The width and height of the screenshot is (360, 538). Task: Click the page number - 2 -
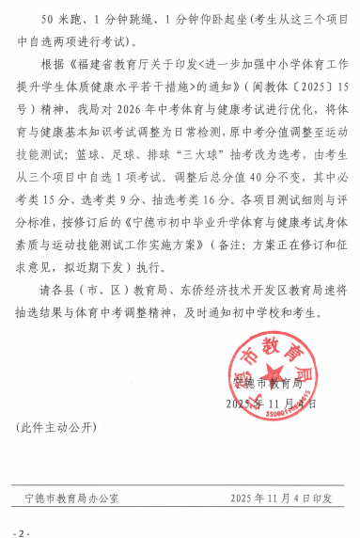pos(22,531)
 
